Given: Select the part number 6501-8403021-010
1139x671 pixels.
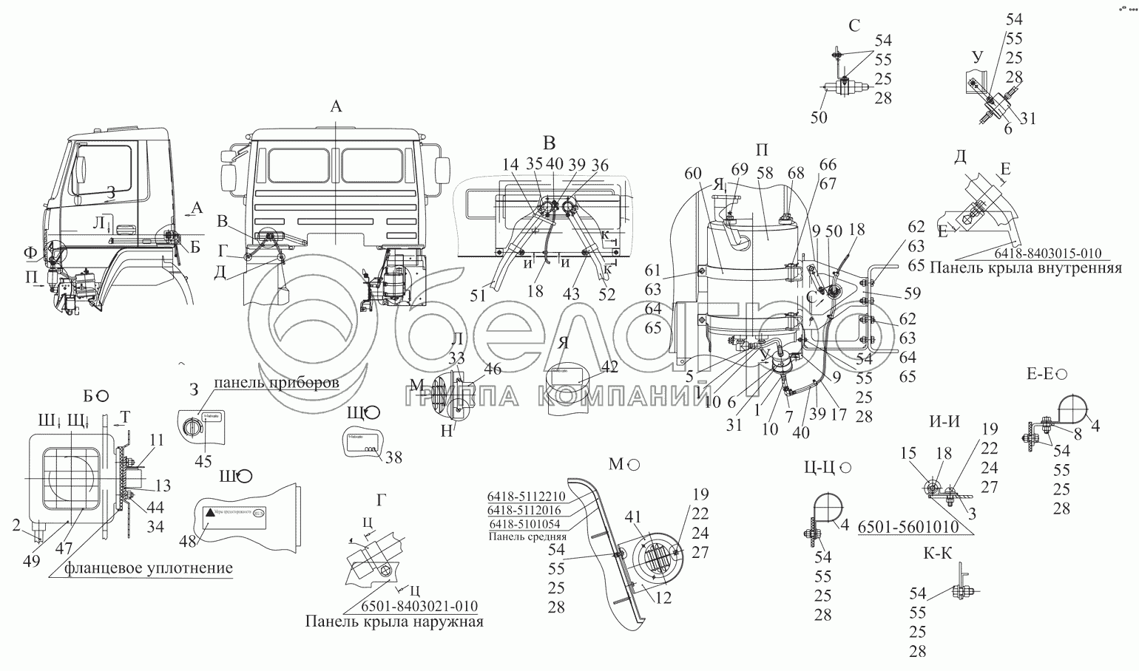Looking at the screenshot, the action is pyautogui.click(x=419, y=606).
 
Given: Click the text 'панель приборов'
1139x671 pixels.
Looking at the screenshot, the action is pyautogui.click(x=277, y=383).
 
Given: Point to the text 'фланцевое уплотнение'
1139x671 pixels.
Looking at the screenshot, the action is pyautogui.click(x=149, y=568).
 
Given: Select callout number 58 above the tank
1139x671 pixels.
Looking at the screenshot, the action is pyautogui.click(x=764, y=172).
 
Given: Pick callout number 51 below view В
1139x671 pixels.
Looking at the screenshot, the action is pyautogui.click(x=477, y=296).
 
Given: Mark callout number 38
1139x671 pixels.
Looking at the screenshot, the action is pyautogui.click(x=394, y=457).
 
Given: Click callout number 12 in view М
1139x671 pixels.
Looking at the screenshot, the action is pyautogui.click(x=663, y=599).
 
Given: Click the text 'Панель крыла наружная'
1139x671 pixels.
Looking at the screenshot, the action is pyautogui.click(x=393, y=621).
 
